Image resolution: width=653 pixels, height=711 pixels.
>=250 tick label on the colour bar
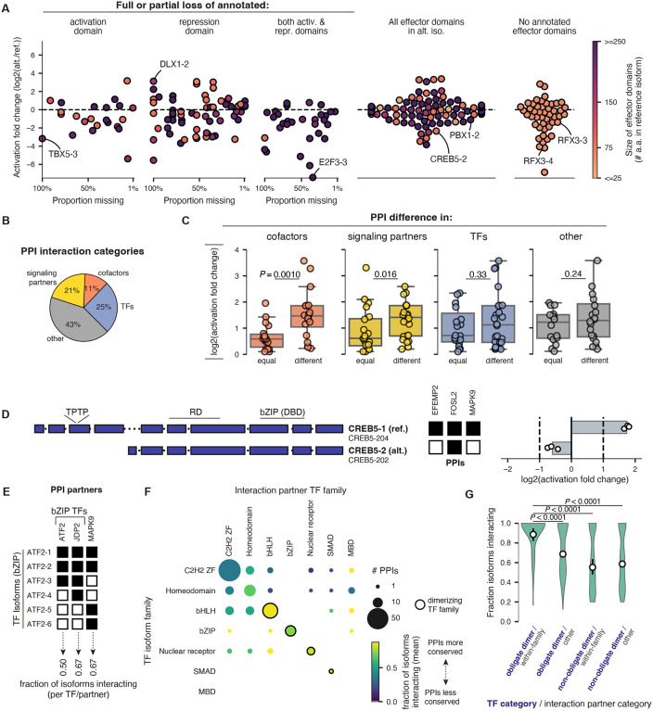[632, 44]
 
